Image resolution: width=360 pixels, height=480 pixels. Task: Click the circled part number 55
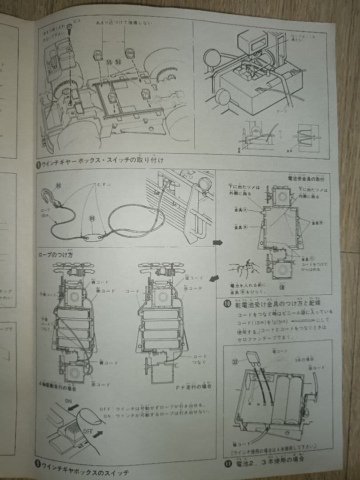[x=109, y=63]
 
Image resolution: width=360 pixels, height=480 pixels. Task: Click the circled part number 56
[x=118, y=63]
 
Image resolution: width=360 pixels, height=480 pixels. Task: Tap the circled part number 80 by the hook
[x=59, y=185]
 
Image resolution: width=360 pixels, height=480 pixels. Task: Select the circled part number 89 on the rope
[x=92, y=219]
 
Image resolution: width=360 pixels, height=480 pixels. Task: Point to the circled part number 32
[x=235, y=361]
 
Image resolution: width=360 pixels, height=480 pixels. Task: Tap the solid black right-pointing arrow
[x=217, y=243]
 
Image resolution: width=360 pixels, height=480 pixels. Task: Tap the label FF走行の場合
[x=193, y=386]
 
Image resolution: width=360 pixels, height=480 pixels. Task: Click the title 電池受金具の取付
[x=306, y=179]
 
